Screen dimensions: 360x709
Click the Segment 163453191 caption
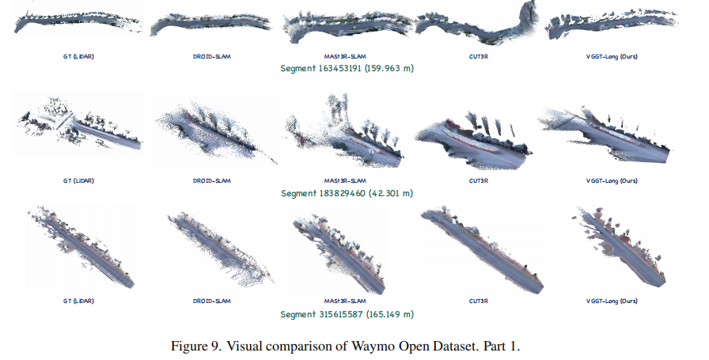coord(347,69)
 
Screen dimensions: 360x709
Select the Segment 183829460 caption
coord(347,193)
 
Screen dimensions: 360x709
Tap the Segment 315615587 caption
coord(347,314)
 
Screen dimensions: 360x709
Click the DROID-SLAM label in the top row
coord(213,58)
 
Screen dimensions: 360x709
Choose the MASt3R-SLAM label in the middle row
coord(345,180)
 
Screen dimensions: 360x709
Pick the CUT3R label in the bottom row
coord(478,301)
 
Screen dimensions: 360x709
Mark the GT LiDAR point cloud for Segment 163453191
coord(79,22)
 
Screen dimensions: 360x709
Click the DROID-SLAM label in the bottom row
coord(213,301)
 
